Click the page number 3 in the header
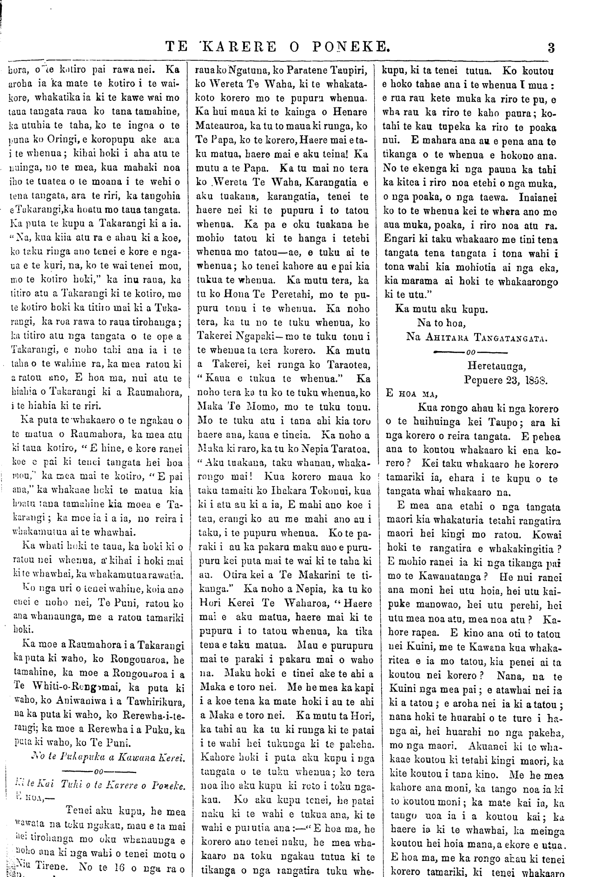551,47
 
